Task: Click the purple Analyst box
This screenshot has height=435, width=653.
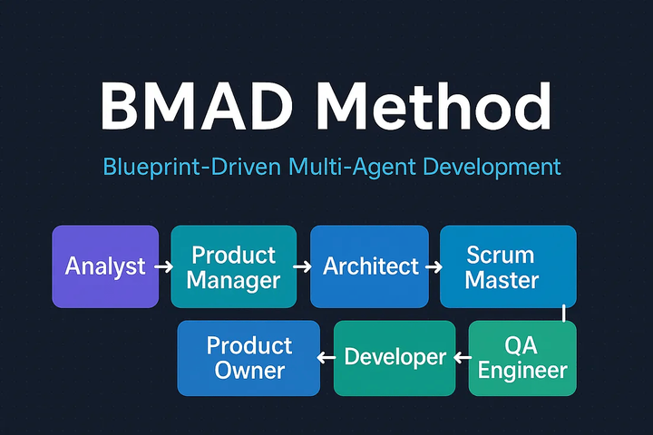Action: point(105,266)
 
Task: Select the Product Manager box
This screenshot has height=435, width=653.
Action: point(234,266)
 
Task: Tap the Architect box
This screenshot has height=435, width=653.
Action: point(371,266)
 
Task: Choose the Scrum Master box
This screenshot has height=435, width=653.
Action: point(508,266)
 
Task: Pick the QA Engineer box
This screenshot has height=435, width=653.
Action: point(522,358)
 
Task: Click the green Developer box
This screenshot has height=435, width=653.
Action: point(395,358)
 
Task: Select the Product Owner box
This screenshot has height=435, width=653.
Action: point(249,358)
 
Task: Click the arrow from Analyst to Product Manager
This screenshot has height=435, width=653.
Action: point(163,267)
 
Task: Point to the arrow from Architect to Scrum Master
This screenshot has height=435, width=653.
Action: point(433,267)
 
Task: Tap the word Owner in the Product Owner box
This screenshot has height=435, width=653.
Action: point(249,370)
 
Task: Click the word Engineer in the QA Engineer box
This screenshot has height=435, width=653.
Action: point(522,370)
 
